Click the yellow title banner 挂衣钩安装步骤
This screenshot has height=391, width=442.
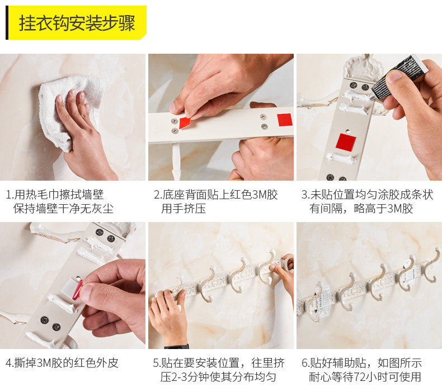(x=76, y=22)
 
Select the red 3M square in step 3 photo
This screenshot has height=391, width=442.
(x=346, y=143)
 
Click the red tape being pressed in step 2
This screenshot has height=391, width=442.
(x=185, y=123)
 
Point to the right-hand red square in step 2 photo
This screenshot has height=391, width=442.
(x=284, y=120)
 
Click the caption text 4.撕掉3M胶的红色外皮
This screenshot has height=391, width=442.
(x=62, y=363)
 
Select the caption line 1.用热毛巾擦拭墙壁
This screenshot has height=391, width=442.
(x=55, y=195)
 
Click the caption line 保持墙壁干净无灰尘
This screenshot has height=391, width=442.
(x=63, y=209)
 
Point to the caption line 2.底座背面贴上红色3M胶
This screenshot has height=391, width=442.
(x=216, y=195)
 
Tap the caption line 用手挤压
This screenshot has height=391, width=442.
(x=184, y=209)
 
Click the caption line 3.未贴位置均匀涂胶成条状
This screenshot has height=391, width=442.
(x=367, y=195)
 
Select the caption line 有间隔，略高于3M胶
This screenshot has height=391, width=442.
(x=361, y=209)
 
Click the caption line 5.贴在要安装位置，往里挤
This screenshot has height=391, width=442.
(x=219, y=363)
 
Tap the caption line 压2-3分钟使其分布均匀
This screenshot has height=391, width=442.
(x=218, y=377)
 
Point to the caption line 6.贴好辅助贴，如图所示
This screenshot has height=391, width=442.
(x=361, y=363)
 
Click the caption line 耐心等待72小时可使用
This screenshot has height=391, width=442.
(x=365, y=377)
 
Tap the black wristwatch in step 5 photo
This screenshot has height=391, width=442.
(x=177, y=346)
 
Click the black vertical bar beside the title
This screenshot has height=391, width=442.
(x=7, y=22)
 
